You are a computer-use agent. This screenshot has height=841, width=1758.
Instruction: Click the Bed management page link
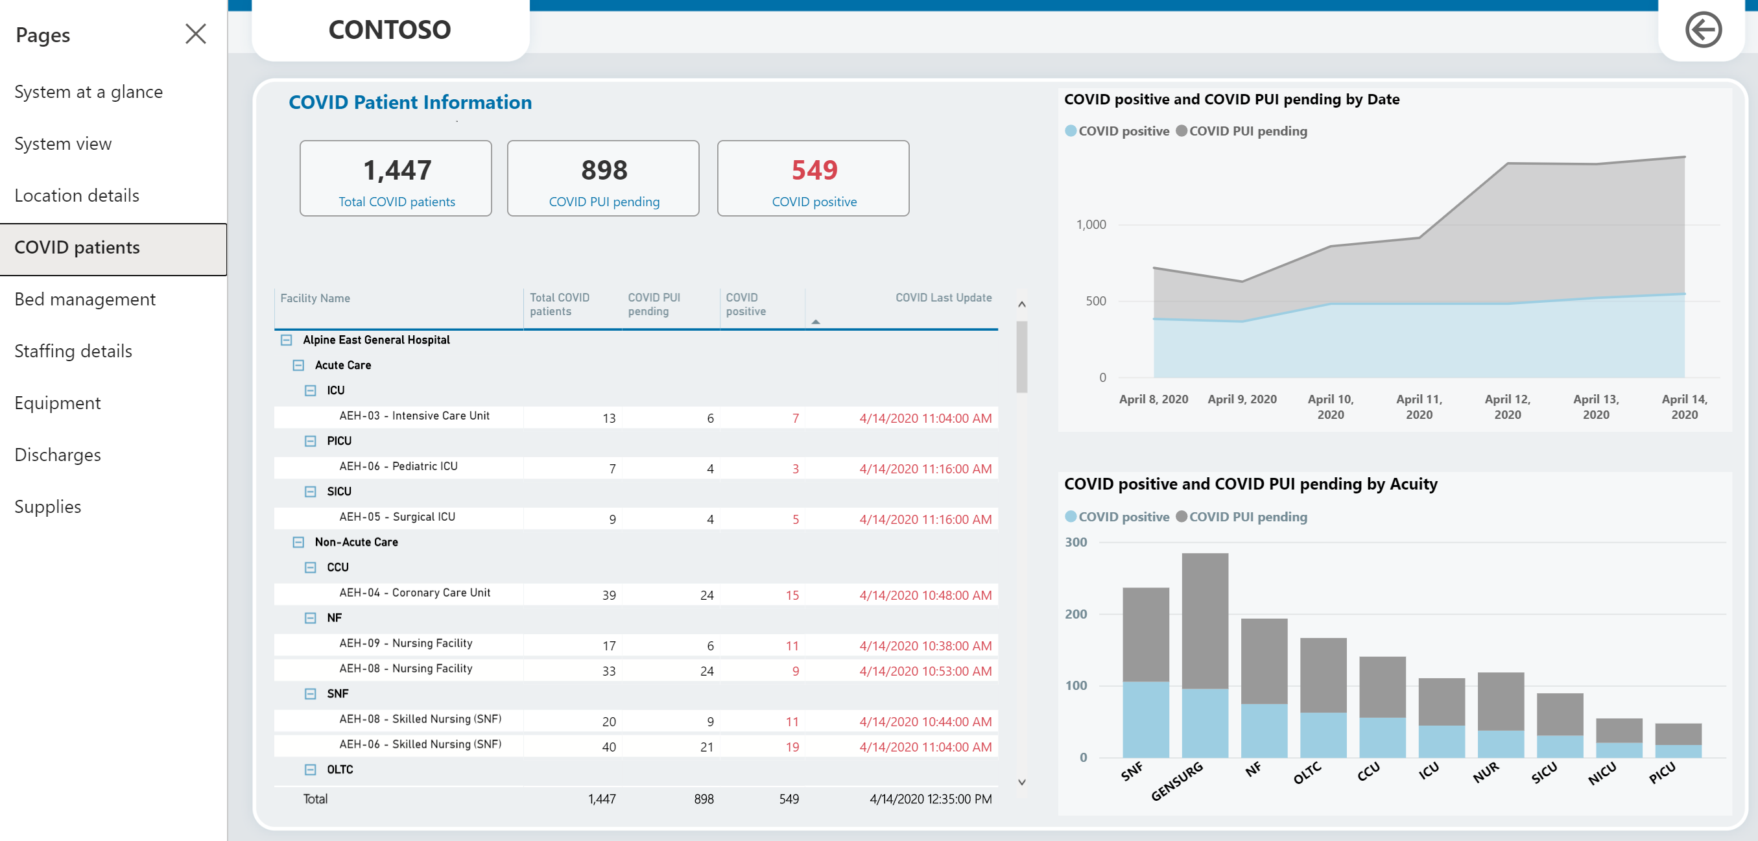84,299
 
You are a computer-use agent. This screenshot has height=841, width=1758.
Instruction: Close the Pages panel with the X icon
196,34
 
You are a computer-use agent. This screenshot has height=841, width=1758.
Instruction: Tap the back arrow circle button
1704,29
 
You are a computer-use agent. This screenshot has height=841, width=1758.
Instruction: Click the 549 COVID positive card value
814,170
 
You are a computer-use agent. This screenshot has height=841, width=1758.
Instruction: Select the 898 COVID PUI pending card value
604,170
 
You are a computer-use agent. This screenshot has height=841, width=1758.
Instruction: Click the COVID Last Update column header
943,298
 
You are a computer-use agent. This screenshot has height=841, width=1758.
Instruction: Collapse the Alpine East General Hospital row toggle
287,340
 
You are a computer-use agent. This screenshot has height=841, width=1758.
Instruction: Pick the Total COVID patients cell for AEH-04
609,595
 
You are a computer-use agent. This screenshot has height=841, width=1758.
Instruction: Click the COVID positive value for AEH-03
795,418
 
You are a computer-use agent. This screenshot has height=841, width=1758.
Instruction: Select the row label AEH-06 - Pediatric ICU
399,466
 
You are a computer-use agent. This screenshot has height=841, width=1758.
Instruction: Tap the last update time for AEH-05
925,519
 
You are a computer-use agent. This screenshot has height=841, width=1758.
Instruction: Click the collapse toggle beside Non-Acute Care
298,542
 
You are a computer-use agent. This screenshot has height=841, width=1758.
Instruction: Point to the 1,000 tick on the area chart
1091,224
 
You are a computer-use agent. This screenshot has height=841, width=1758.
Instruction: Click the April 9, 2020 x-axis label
1242,399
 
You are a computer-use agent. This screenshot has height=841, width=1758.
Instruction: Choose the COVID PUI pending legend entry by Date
1241,131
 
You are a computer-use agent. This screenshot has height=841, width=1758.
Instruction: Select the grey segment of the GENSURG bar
1204,621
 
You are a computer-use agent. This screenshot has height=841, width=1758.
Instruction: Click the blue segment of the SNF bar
1145,720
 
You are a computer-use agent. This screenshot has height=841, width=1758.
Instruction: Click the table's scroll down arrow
1021,782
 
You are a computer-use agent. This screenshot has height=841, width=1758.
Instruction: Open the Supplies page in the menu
48,506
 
